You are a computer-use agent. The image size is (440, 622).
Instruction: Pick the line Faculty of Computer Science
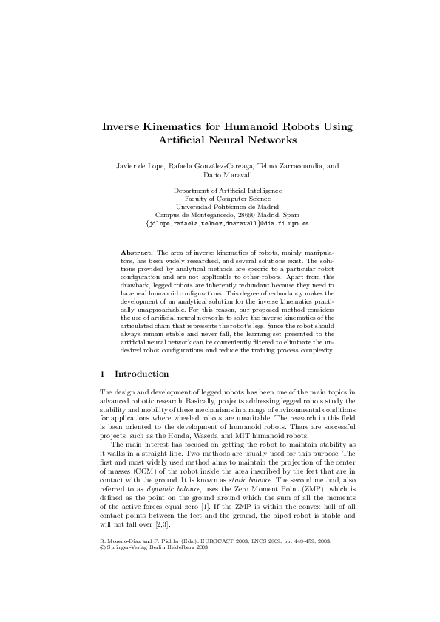(220, 199)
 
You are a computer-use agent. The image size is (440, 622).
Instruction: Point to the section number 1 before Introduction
(102, 374)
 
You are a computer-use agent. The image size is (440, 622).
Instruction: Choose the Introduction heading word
(141, 374)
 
